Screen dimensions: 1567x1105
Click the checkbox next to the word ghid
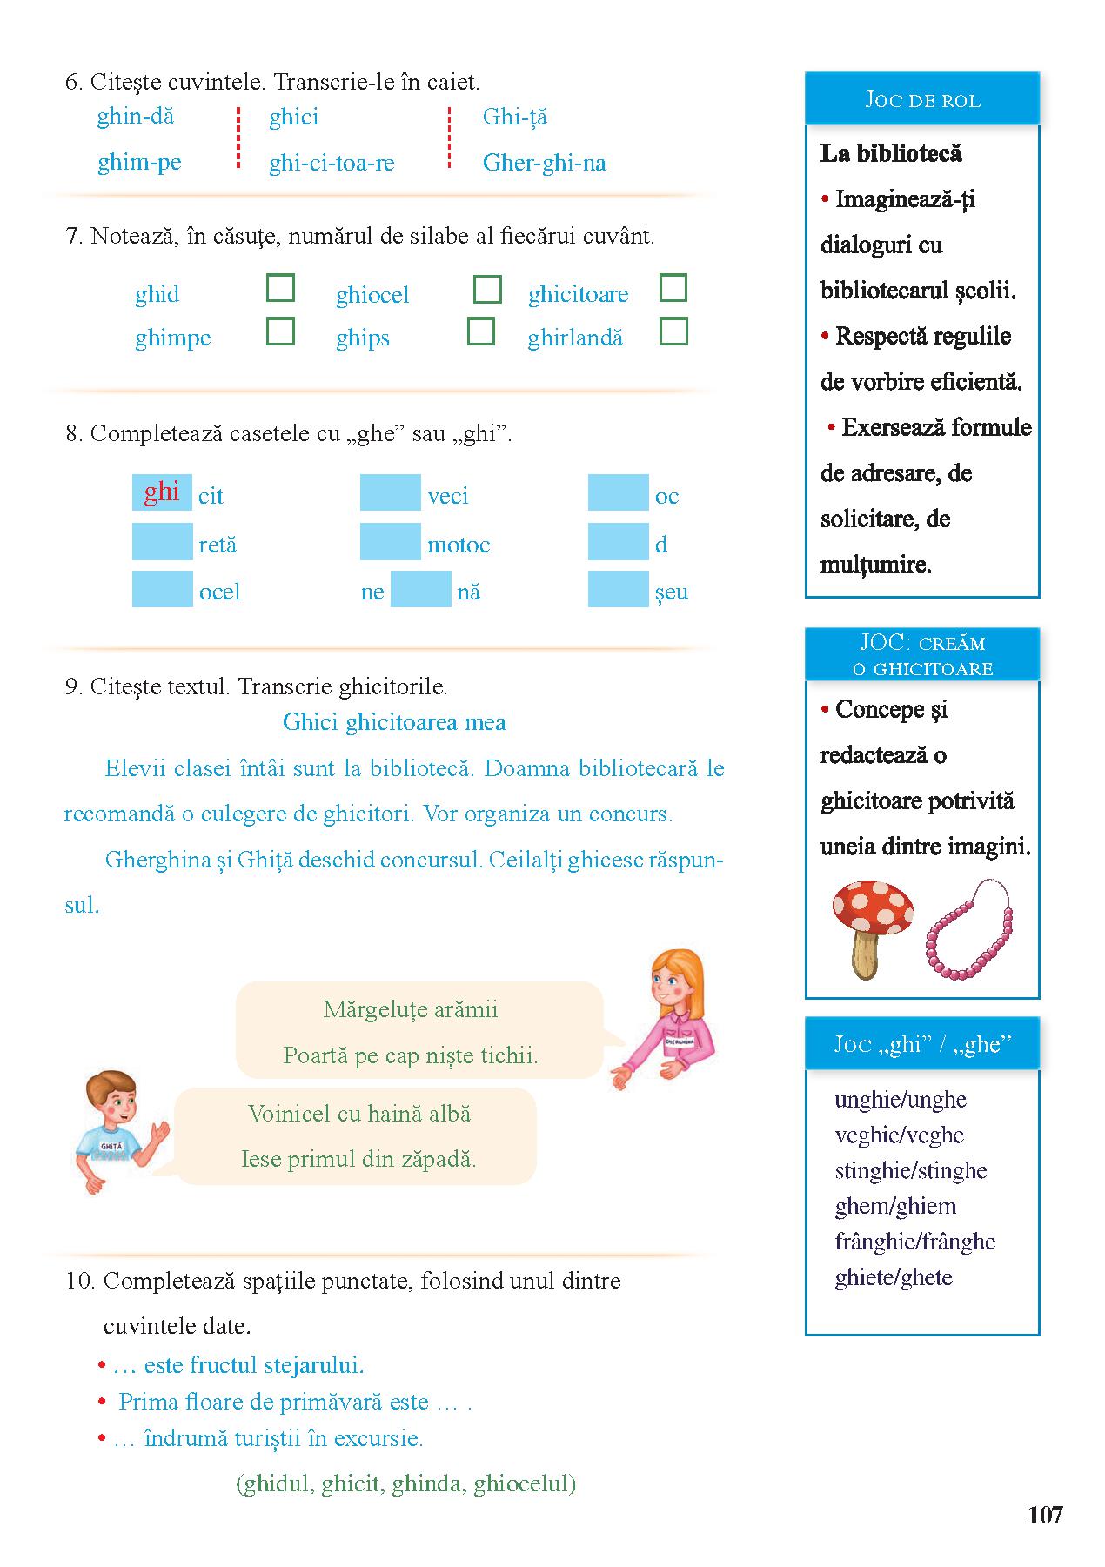(x=280, y=288)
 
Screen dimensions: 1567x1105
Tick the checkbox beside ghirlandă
(x=673, y=331)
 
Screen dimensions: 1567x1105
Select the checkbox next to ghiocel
(x=487, y=289)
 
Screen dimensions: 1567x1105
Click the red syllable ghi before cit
(x=162, y=492)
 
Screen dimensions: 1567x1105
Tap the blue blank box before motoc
(x=390, y=541)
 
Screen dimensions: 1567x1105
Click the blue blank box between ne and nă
(x=421, y=589)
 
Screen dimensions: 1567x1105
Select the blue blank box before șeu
(x=618, y=589)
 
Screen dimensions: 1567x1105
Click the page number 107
(x=1045, y=1515)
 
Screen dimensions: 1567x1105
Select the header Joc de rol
(x=922, y=100)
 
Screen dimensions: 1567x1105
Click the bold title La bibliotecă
(x=891, y=154)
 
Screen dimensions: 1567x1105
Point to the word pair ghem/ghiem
(x=895, y=1206)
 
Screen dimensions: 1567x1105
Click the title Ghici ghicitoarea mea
(x=394, y=722)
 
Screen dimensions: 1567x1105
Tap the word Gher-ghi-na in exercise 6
(x=544, y=163)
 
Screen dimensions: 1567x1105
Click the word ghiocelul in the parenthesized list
(x=525, y=1483)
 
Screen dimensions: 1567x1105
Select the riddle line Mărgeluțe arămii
(x=411, y=1009)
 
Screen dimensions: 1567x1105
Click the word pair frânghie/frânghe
(x=914, y=1242)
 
